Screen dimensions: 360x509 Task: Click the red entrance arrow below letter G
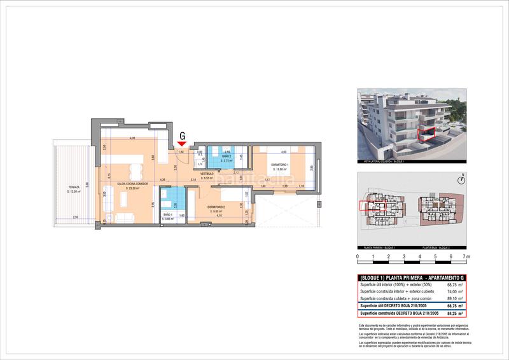tap(183, 144)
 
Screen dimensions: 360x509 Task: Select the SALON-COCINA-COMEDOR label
tap(124, 184)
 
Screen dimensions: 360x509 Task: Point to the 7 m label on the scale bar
tap(466, 257)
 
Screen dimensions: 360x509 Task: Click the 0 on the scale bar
tap(358, 257)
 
